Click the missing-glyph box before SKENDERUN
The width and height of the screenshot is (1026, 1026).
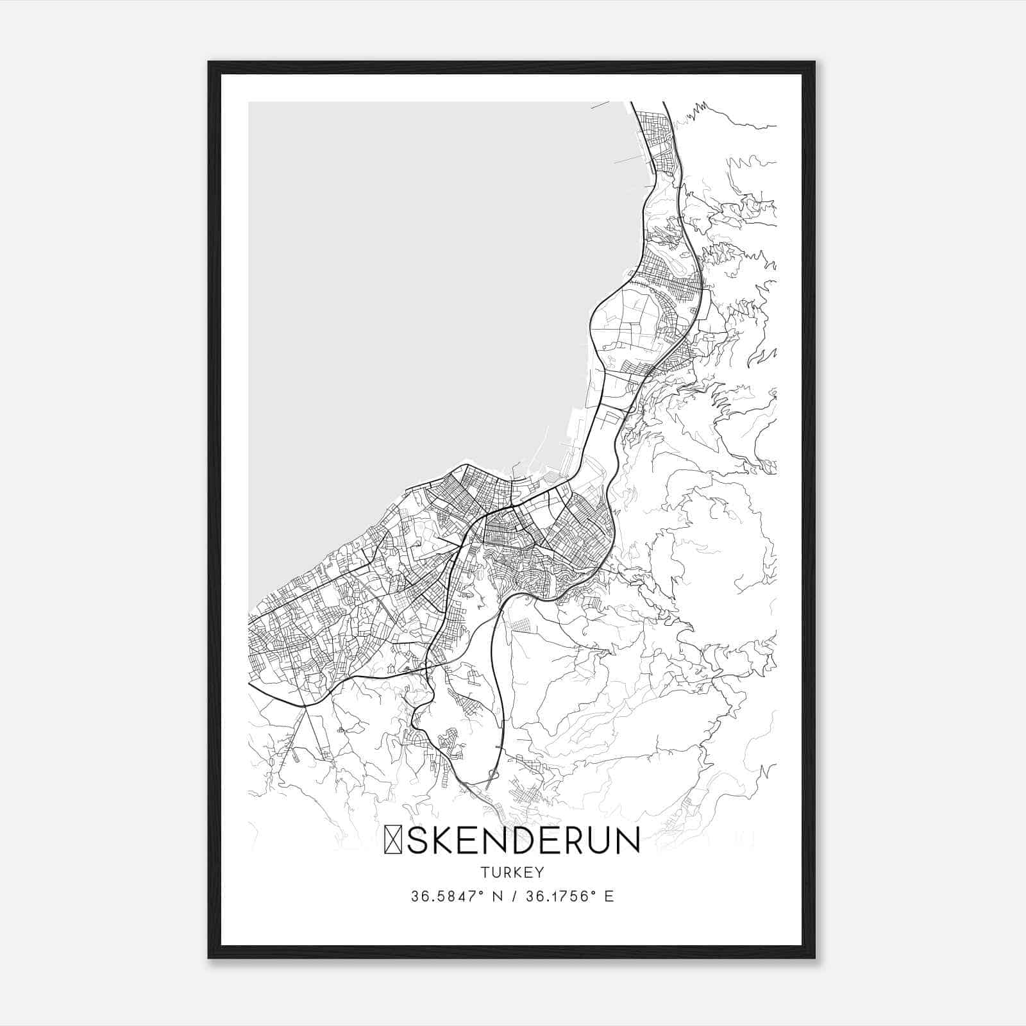tap(392, 841)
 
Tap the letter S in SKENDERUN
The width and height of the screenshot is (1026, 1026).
tap(417, 841)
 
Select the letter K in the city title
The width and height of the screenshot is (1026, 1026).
tap(445, 841)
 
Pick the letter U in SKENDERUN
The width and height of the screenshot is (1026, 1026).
tap(605, 841)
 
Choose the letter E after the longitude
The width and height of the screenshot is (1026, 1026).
tap(609, 896)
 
